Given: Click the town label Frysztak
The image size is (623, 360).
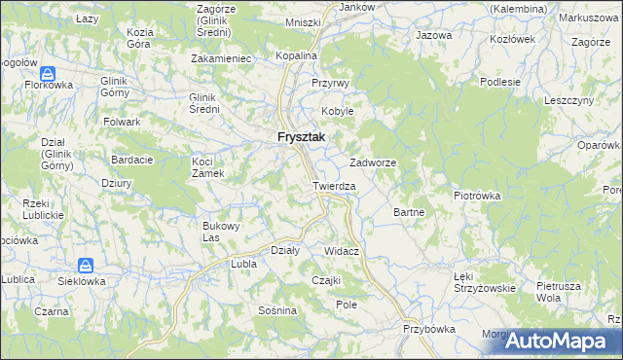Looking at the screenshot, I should pos(301,138).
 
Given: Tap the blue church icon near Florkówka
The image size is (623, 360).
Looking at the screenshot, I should pos(48,73).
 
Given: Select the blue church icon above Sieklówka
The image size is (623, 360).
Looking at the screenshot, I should pos(86,265).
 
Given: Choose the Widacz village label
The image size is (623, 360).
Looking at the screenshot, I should pos(343,251).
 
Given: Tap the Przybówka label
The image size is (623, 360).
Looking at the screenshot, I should pos(429,329).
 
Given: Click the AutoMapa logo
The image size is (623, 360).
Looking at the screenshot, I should pos(562,341).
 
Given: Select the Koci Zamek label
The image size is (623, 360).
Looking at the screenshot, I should pos(208,166).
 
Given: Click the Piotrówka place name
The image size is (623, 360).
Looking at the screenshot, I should pos(477,195).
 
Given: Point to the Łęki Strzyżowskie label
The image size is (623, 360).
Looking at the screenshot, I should pos(485,282).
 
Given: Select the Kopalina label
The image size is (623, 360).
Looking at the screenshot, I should pos(297,56).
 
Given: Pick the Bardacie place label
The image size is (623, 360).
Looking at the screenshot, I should pos(131,160).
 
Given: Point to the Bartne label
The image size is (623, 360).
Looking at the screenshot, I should pos(407,211).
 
